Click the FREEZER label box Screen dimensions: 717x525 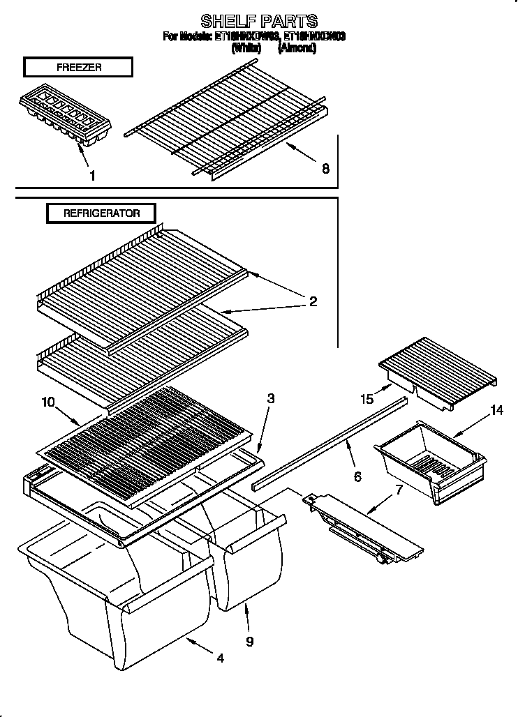pos(77,67)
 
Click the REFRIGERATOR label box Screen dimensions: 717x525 pos(101,213)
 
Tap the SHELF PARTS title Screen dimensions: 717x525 pos(259,20)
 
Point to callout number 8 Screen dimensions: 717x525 pos(325,168)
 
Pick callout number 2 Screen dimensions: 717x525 pos(313,301)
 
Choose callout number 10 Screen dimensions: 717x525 pos(47,402)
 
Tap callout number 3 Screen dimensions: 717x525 pos(270,399)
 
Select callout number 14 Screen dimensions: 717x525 pos(496,410)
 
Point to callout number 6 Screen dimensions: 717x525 pos(357,476)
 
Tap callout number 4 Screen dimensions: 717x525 pos(221,658)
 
